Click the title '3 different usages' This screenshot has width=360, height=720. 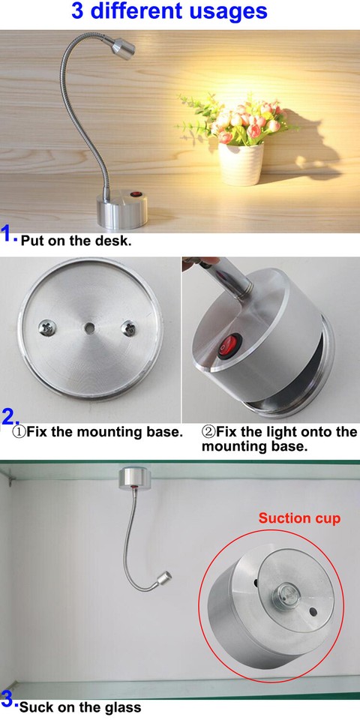tap(169, 12)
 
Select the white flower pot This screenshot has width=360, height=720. tap(241, 163)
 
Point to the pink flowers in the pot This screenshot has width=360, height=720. tap(238, 122)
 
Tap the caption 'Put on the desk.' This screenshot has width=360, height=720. tap(76, 241)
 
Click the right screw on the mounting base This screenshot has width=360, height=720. tap(129, 328)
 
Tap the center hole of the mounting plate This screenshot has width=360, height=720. tap(89, 328)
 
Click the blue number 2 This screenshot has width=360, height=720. tap(10, 417)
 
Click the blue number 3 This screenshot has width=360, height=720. tap(8, 700)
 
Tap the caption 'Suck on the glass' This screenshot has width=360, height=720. tap(79, 706)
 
